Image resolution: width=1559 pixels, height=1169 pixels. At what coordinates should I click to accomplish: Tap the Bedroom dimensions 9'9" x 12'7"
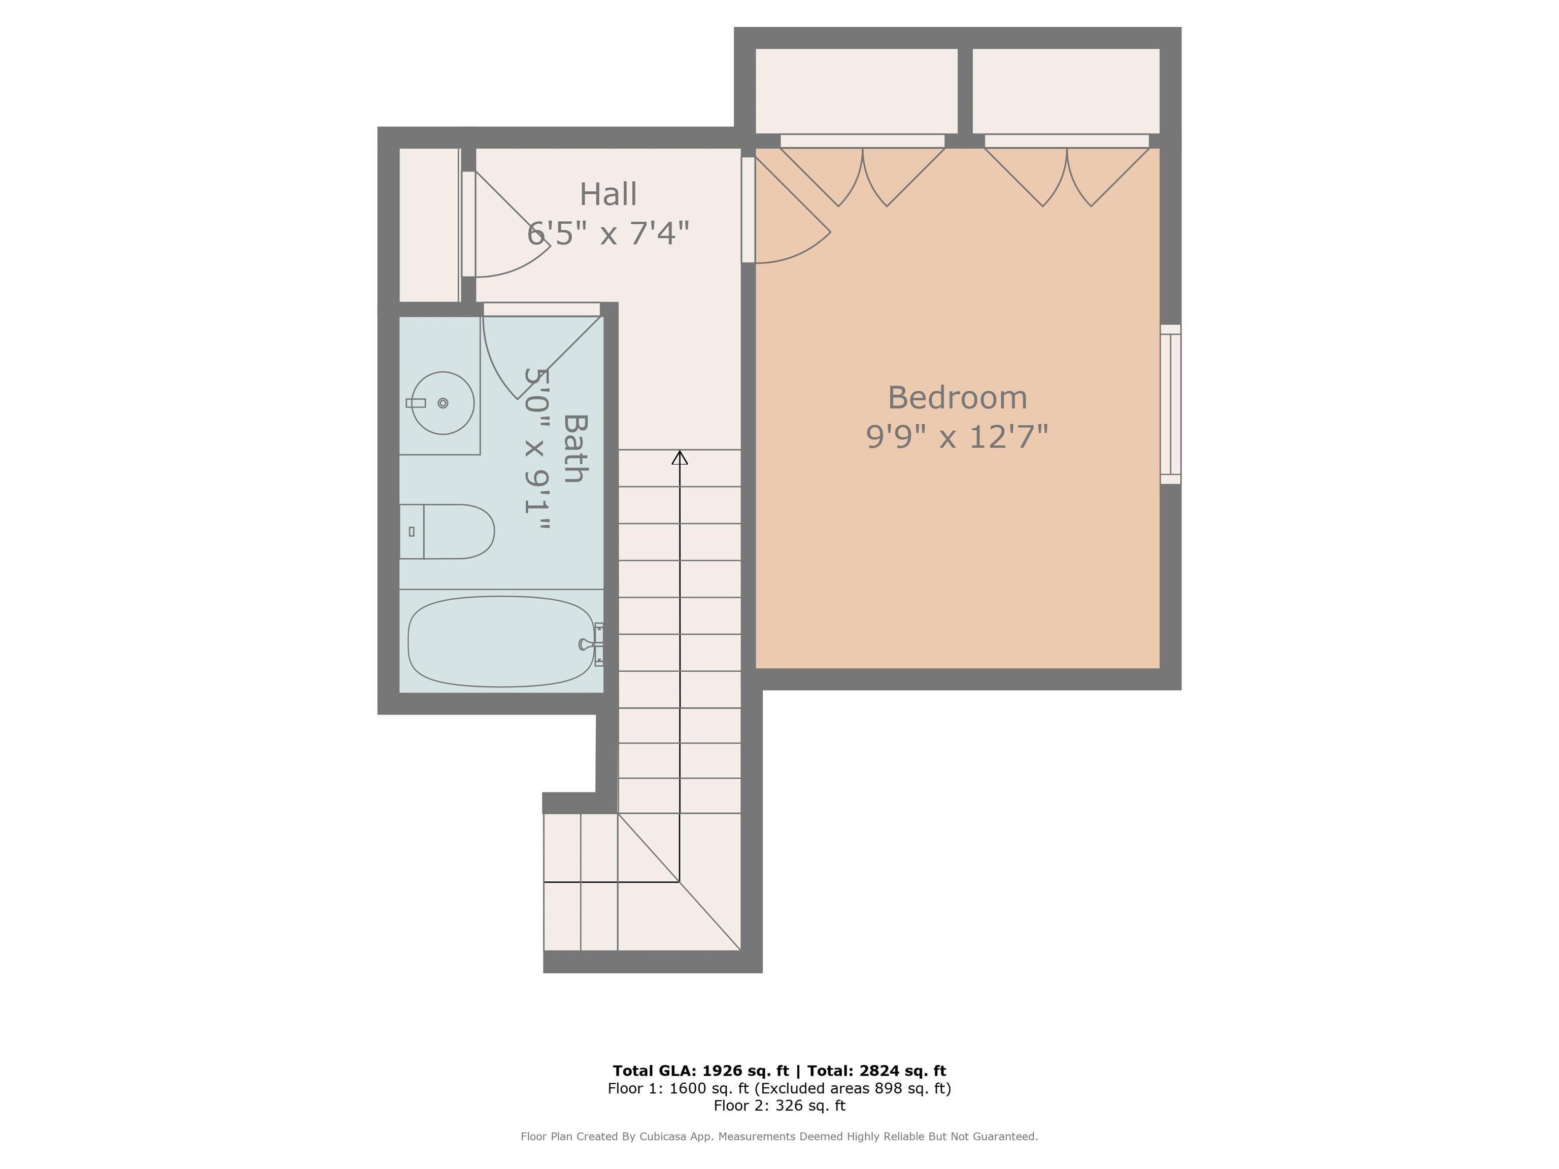click(x=957, y=437)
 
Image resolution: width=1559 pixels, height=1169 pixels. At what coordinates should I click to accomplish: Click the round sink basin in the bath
click(x=443, y=403)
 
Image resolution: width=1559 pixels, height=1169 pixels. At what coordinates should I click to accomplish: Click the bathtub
click(x=500, y=641)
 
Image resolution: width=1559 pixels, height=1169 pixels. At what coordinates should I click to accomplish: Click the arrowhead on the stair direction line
click(x=680, y=458)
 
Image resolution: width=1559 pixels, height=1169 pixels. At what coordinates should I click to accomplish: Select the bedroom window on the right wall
click(x=1170, y=404)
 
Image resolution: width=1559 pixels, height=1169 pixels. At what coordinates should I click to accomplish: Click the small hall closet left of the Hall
click(x=428, y=224)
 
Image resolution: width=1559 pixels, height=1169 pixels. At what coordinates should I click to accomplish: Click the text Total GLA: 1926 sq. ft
click(x=700, y=1071)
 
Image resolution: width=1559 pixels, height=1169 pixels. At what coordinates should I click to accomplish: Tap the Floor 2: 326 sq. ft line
click(x=779, y=1106)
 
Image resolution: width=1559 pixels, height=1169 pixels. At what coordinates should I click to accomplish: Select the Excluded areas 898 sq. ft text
click(x=852, y=1089)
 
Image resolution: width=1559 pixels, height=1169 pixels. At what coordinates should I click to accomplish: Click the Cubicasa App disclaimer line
click(x=779, y=1137)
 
